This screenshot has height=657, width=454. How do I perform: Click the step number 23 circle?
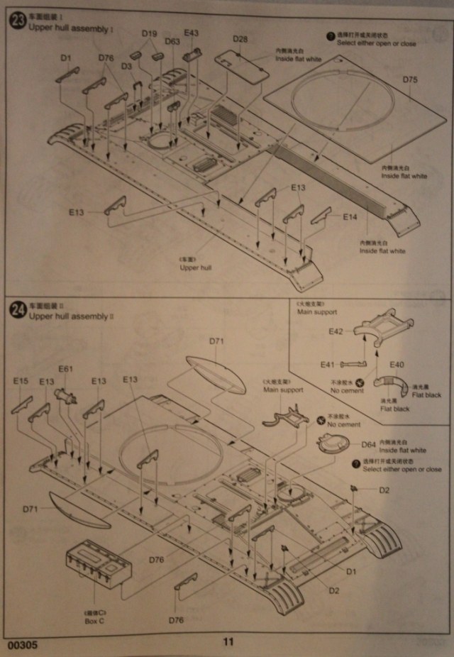click(x=16, y=20)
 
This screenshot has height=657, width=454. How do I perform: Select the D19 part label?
click(x=149, y=33)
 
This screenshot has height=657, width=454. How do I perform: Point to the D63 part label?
click(x=172, y=42)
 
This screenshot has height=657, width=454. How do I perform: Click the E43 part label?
click(x=192, y=33)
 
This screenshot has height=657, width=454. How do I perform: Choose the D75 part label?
click(x=410, y=79)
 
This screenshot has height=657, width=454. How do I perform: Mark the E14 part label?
click(x=350, y=216)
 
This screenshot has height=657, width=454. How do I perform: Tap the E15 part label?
click(x=21, y=382)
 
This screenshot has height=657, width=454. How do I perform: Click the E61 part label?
click(x=65, y=369)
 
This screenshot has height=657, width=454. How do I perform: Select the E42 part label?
click(x=336, y=332)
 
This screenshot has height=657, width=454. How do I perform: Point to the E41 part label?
click(x=327, y=365)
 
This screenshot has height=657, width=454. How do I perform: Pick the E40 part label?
click(x=397, y=365)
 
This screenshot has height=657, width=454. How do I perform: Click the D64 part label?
click(x=368, y=445)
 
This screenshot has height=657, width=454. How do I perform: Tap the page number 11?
click(x=228, y=642)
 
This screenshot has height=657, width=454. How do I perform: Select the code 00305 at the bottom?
click(x=19, y=646)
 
